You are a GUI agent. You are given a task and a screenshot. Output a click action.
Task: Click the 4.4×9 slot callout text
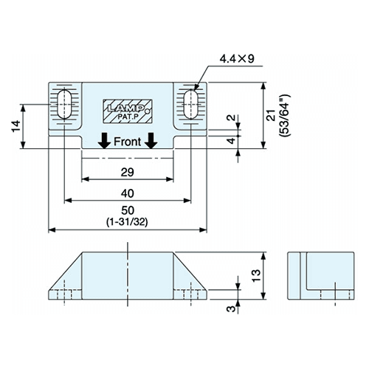pos(237,59)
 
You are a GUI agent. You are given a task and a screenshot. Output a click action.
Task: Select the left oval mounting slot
pos(64,104)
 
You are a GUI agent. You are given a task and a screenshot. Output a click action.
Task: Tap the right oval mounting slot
pos(191,104)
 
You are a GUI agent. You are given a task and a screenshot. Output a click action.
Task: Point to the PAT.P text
pos(127,117)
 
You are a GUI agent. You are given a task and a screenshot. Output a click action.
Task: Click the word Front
pos(127,142)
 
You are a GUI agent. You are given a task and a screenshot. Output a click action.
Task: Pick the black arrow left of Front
pos(105,141)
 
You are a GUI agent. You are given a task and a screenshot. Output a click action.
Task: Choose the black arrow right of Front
pos(151,141)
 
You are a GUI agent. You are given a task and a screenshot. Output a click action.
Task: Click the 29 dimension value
pos(128,172)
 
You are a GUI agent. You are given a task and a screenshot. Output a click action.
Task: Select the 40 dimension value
pos(128,193)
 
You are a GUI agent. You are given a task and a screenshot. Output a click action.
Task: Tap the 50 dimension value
pos(128,210)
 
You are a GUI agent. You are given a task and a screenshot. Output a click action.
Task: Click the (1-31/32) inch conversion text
pos(127,222)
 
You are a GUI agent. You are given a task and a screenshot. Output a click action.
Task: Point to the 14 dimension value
pos(16,126)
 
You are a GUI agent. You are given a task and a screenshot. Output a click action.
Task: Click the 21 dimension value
pos(271,115)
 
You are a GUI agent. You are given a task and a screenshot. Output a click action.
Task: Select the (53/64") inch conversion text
pos(285,115)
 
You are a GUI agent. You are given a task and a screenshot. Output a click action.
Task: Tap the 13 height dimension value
pos(256,276)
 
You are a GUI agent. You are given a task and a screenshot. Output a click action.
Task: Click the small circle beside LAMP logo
pos(148,111)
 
